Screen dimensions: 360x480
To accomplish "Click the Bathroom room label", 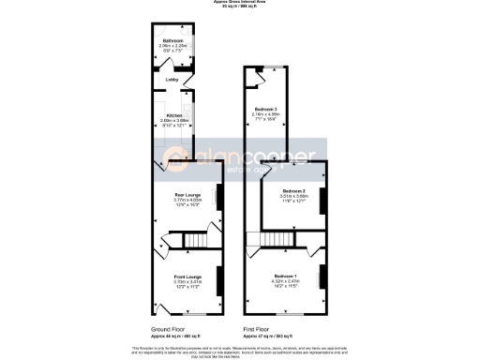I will tap(172, 42).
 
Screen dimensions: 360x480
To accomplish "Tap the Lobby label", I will tap(172, 80).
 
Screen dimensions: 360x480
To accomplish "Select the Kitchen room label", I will tap(173, 115).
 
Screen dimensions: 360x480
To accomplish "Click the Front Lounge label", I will tap(187, 277).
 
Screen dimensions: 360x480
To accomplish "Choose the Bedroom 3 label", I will tap(267, 110).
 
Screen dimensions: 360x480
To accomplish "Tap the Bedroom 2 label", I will tap(295, 190).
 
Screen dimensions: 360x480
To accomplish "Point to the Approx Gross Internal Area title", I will tap(239, 4).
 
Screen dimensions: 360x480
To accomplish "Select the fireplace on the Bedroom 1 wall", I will tap(322, 277).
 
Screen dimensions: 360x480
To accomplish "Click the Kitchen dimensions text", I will tap(173, 122).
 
